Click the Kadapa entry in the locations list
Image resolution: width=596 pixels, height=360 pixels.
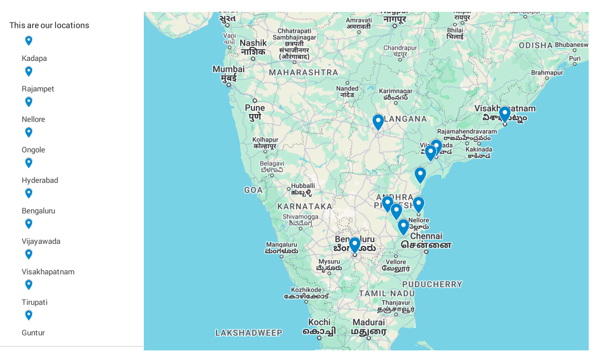pos(34,58)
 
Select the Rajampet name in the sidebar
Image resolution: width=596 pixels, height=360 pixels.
pos(38,89)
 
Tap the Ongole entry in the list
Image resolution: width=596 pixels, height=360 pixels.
pos(33,150)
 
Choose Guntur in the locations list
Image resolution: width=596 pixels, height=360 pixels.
pos(33,332)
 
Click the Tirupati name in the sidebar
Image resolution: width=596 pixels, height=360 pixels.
pos(34,302)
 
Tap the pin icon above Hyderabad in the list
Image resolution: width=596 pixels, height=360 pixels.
pos(29,163)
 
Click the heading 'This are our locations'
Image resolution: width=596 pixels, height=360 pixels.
pos(49,25)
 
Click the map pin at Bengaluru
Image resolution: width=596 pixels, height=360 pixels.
pos(355,245)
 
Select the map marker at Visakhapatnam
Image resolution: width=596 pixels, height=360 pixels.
pos(505,114)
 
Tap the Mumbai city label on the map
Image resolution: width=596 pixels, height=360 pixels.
pos(228,69)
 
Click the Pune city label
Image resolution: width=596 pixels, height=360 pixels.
pos(255,108)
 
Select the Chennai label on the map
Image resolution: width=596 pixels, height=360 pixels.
pos(426,236)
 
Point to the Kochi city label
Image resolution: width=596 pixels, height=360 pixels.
pos(319,322)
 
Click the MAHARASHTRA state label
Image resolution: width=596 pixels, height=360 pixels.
pos(303,72)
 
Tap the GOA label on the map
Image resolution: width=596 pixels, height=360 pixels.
pos(253,190)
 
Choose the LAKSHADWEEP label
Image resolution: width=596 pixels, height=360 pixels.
pos(249,333)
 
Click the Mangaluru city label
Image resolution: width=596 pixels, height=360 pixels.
pos(281,245)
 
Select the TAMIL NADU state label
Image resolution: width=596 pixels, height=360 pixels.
pos(387,293)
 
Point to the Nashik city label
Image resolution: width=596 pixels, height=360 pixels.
pos(253,43)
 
